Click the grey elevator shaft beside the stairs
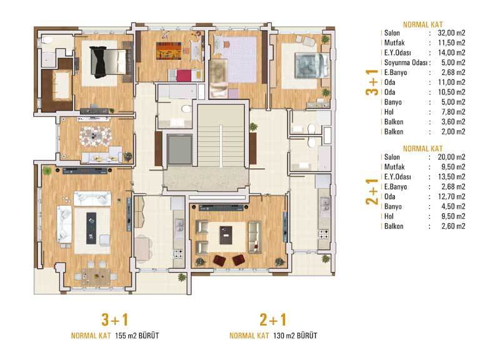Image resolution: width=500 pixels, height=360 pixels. tap(180, 149)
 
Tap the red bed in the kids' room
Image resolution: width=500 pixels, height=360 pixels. tap(184, 76)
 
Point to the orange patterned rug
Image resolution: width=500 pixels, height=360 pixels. tap(169, 51)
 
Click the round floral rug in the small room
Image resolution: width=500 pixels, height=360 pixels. tap(95, 136)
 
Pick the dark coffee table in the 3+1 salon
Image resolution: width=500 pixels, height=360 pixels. tap(91, 228)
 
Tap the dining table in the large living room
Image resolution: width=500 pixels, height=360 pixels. tap(96, 277)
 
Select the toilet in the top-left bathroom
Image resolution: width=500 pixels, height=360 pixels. tap(48, 40)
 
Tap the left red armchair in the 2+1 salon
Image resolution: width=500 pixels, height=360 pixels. tap(219, 260)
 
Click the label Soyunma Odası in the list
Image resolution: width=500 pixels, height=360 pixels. tap(406, 62)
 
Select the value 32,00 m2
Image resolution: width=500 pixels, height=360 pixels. tap(451, 33)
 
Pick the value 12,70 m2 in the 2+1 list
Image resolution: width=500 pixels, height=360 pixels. tap(451, 196)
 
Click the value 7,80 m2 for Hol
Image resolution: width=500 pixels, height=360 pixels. tap(453, 112)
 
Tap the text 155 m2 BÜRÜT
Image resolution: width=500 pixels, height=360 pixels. tap(137, 336)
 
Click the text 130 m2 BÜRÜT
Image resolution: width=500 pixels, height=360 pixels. tap(295, 336)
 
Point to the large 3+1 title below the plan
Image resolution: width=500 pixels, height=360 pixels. tap(115, 320)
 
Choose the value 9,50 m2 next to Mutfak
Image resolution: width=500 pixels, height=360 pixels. tap(453, 167)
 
